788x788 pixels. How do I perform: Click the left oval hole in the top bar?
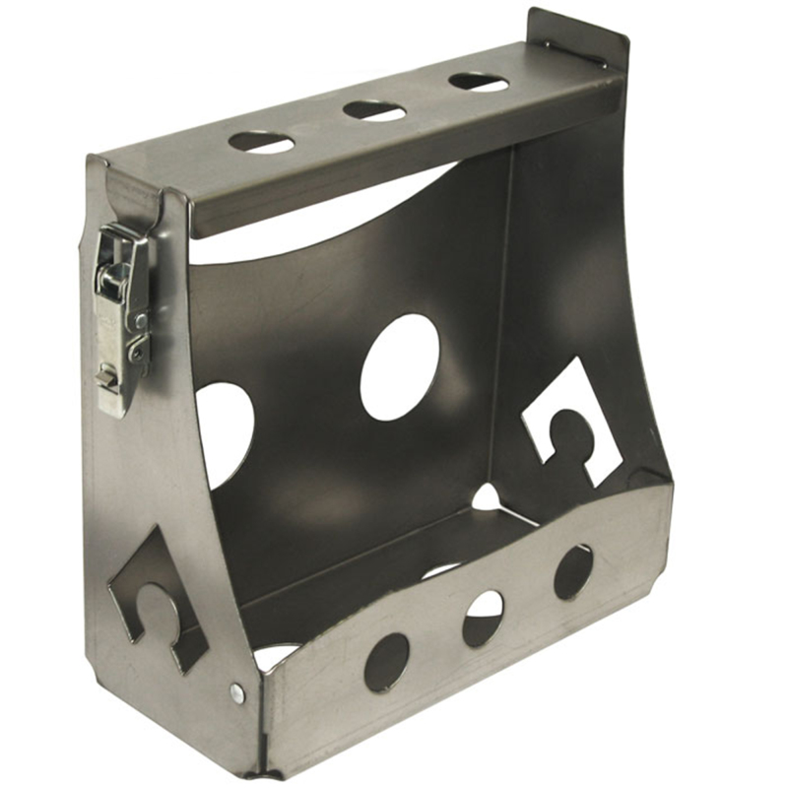261,142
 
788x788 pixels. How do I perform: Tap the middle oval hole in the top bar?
374,110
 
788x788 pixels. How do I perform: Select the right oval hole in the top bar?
479,82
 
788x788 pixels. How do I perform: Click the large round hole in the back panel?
399,366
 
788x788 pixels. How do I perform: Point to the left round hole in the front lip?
386,661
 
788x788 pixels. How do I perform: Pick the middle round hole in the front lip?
483,619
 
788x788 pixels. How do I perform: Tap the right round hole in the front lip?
572,571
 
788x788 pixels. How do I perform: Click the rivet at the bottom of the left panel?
237,692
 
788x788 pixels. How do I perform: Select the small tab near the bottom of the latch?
103,375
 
